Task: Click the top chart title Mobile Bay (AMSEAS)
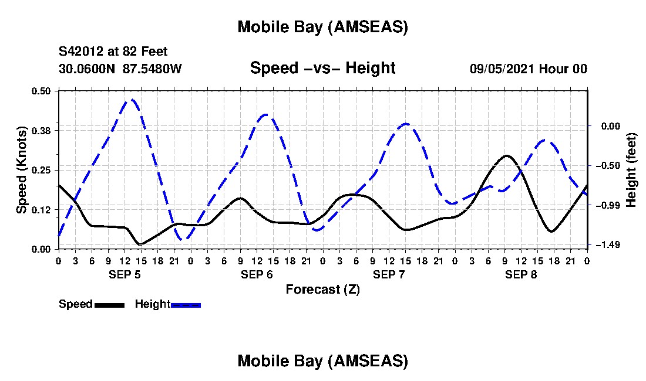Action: (x=322, y=27)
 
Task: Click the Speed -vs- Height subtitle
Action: (x=322, y=68)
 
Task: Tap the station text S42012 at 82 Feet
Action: (x=113, y=52)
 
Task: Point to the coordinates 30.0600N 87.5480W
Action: (x=120, y=69)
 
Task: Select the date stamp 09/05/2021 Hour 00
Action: (x=529, y=69)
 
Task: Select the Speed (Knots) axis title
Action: (x=21, y=170)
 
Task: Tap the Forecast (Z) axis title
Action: (x=322, y=289)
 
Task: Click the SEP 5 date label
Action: (x=125, y=274)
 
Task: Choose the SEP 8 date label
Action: (x=521, y=274)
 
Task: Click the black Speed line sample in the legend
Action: (x=109, y=305)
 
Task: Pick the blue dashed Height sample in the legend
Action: (x=186, y=305)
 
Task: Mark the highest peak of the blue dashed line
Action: (x=132, y=100)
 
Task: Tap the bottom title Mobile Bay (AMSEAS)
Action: (x=322, y=361)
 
